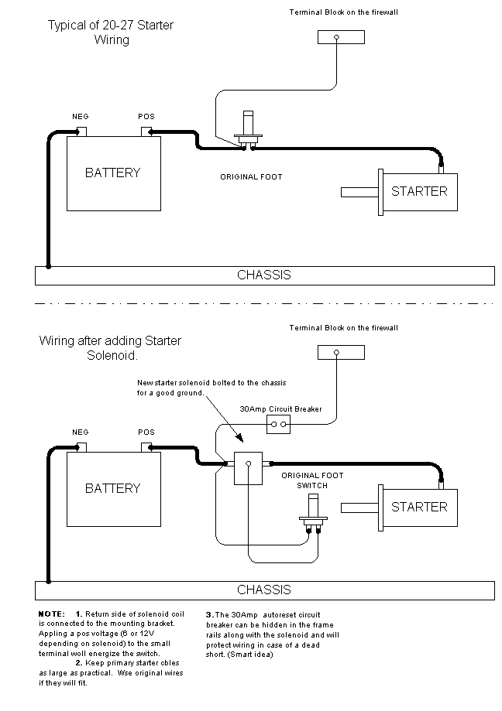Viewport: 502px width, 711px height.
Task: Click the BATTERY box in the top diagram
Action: (113, 173)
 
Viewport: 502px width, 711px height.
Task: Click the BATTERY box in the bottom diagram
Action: (113, 488)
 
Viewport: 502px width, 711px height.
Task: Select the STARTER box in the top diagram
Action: (418, 190)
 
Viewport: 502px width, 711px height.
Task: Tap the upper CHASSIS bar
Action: (264, 275)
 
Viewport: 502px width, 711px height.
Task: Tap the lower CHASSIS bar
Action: (264, 590)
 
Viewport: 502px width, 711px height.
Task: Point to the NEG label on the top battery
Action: (81, 116)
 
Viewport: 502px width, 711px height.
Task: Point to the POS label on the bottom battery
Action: (146, 432)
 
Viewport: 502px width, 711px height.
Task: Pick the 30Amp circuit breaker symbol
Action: (278, 424)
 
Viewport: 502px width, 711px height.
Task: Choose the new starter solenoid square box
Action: (248, 467)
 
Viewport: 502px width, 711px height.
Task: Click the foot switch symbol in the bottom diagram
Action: (313, 520)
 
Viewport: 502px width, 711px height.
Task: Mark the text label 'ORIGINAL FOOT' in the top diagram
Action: (251, 177)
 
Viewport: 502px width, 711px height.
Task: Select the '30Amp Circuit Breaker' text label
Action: (280, 409)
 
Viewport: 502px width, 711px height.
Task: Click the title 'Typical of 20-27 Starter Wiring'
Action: (111, 32)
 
